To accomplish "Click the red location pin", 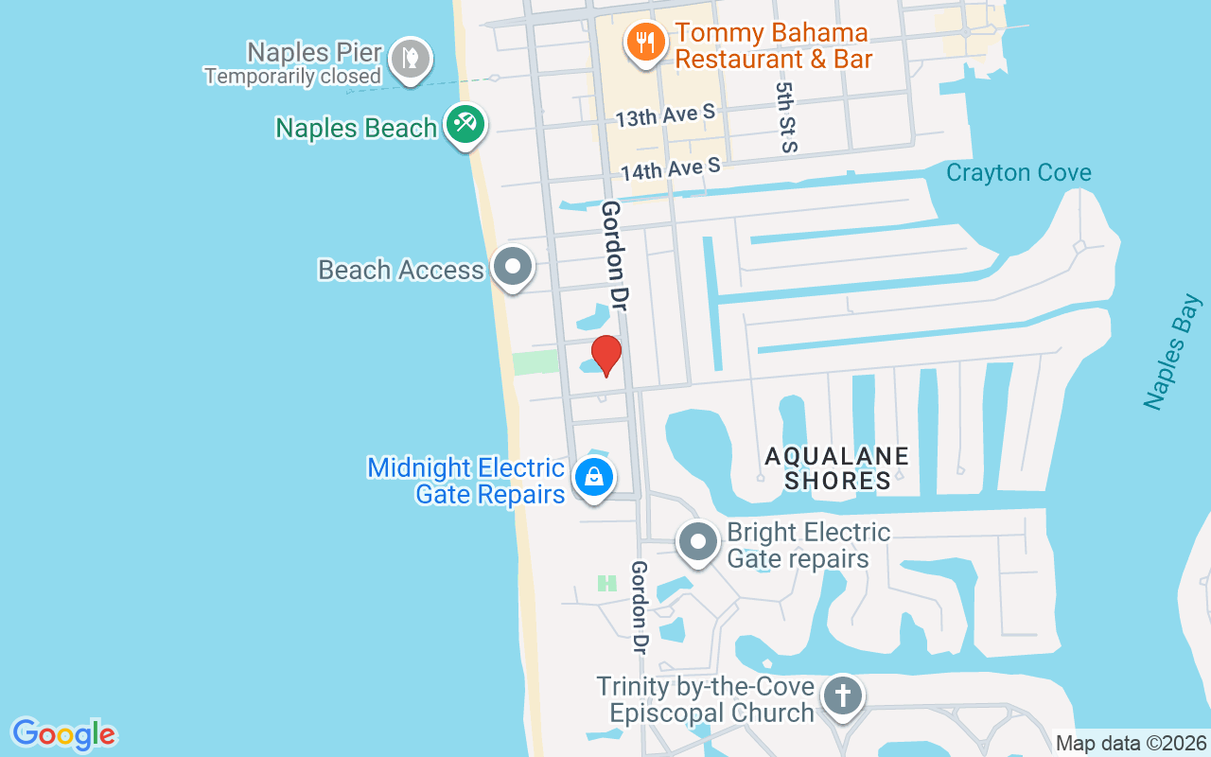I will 605,355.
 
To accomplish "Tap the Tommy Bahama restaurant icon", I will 645,42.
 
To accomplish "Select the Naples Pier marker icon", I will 411,59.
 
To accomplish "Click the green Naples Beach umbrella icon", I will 465,123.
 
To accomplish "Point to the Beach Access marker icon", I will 513,266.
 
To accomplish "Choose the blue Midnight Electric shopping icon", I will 593,476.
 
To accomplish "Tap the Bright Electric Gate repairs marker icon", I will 699,542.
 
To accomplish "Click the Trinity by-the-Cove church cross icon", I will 842,696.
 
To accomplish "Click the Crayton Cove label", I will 1018,173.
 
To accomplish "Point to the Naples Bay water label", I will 1172,352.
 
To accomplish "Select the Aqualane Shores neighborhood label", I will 837,468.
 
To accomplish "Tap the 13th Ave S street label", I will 665,116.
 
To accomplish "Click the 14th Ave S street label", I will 671,169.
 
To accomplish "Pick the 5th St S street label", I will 786,116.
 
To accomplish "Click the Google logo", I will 64,734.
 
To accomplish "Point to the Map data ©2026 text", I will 1131,744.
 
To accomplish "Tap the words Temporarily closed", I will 292,77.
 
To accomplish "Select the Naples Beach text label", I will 356,128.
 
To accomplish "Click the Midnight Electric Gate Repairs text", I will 465,481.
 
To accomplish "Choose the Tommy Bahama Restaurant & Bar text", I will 772,45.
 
